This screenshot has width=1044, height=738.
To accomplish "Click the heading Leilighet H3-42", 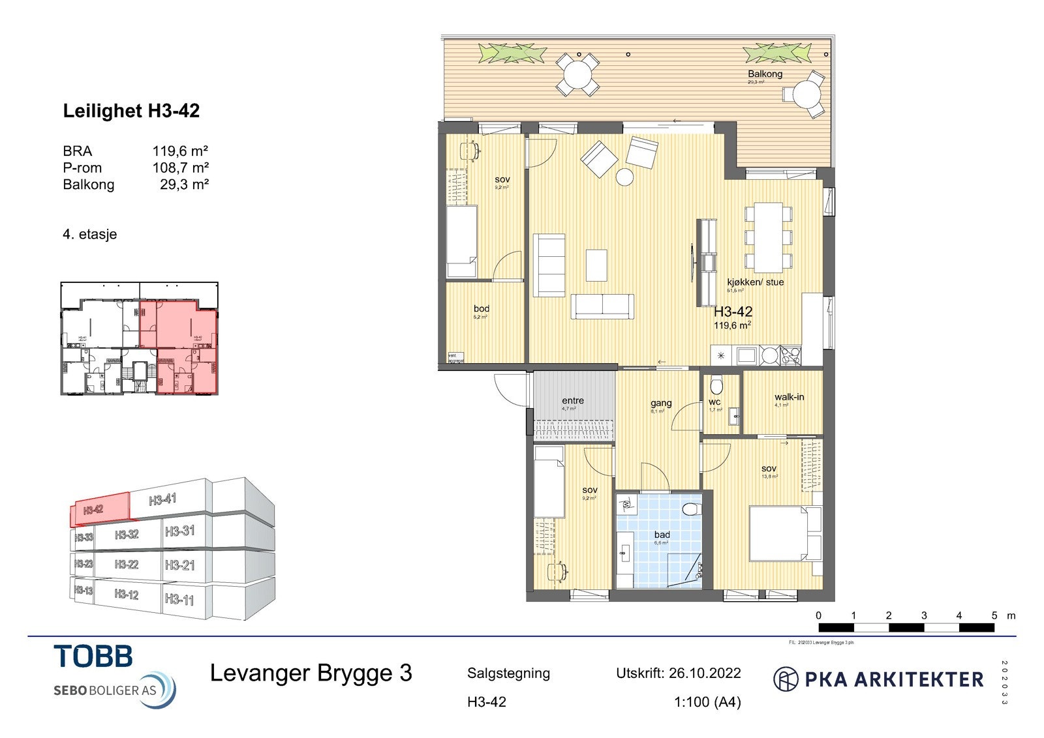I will pyautogui.click(x=131, y=111).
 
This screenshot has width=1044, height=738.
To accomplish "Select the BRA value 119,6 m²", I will pyautogui.click(x=180, y=151).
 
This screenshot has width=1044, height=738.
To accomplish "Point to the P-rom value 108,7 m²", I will pyautogui.click(x=180, y=168).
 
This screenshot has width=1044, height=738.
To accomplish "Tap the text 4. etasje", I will pyautogui.click(x=90, y=234).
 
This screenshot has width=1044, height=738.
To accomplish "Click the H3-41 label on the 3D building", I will pyautogui.click(x=163, y=500).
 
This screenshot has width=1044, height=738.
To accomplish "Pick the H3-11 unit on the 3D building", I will pyautogui.click(x=179, y=598).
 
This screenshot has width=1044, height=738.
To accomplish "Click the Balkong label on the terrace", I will pyautogui.click(x=765, y=74).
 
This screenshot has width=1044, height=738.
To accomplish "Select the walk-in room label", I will pyautogui.click(x=789, y=397).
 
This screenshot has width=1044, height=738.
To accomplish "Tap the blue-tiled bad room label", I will pyautogui.click(x=662, y=535).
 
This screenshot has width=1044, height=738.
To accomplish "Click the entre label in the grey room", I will pyautogui.click(x=573, y=400).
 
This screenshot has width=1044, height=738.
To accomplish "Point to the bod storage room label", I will pyautogui.click(x=482, y=308).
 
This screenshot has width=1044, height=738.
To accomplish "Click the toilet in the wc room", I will pyautogui.click(x=716, y=385).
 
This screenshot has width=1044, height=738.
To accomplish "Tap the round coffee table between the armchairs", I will pyautogui.click(x=625, y=177).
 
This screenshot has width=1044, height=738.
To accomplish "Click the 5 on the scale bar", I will pyautogui.click(x=994, y=615).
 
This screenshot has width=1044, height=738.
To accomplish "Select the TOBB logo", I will pyautogui.click(x=93, y=656).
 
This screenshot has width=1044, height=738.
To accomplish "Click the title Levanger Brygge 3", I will pyautogui.click(x=311, y=673).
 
